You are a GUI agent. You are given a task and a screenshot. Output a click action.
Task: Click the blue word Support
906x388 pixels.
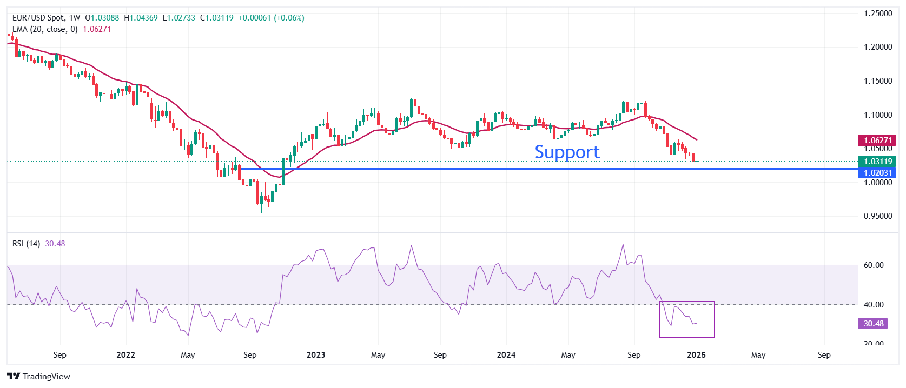pyautogui.click(x=567, y=152)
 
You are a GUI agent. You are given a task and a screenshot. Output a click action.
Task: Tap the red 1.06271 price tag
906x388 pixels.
pyautogui.click(x=877, y=141)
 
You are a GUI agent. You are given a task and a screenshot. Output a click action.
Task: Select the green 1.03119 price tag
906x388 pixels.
pyautogui.click(x=877, y=162)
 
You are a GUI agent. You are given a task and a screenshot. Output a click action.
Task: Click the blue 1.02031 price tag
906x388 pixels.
pyautogui.click(x=877, y=173)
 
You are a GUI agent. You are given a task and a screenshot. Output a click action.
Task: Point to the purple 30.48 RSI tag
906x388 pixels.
pyautogui.click(x=873, y=324)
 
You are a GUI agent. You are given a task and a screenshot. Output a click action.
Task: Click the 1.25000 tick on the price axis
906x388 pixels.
pyautogui.click(x=877, y=14)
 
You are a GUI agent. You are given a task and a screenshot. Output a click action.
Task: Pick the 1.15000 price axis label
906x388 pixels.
pyautogui.click(x=877, y=81)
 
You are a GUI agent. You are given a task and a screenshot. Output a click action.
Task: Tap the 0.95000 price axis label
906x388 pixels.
pyautogui.click(x=877, y=216)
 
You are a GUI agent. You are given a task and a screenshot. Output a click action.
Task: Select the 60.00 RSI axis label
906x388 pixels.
pyautogui.click(x=874, y=265)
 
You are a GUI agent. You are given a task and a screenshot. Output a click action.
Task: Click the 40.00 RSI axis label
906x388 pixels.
pyautogui.click(x=874, y=305)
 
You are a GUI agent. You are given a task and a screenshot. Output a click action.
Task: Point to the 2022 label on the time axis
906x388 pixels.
pyautogui.click(x=125, y=355)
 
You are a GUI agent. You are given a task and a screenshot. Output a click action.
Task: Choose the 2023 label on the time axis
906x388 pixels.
pyautogui.click(x=316, y=355)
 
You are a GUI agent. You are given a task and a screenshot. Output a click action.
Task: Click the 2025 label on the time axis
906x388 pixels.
pyautogui.click(x=696, y=355)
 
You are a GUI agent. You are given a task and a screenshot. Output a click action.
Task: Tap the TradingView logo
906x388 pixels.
pyautogui.click(x=39, y=376)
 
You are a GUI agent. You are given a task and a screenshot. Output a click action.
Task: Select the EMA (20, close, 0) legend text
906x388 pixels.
pyautogui.click(x=45, y=29)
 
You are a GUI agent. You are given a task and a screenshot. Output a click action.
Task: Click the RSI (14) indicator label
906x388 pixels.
pyautogui.click(x=26, y=244)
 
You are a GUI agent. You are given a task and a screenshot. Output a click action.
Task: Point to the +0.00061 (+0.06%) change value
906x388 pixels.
pyautogui.click(x=271, y=18)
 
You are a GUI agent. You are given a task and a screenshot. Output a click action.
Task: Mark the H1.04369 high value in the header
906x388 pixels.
pyautogui.click(x=141, y=18)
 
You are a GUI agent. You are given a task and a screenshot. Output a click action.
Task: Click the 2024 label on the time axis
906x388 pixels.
pyautogui.click(x=506, y=355)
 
